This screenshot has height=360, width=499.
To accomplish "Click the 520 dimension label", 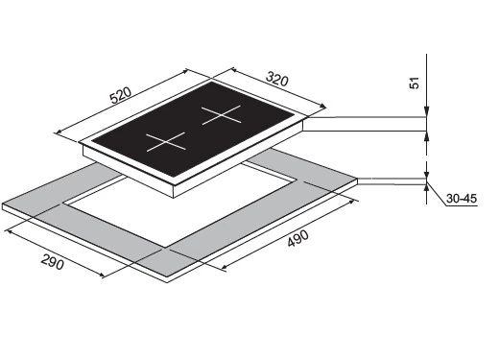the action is (x=121, y=95).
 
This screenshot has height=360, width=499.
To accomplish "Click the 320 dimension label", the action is (x=277, y=80).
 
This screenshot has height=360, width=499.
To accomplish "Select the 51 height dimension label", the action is (x=415, y=83).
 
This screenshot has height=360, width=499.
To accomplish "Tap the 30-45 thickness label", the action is (x=462, y=199).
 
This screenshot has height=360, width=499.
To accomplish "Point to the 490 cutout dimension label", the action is (x=297, y=238).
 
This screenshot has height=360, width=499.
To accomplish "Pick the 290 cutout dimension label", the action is (x=52, y=263).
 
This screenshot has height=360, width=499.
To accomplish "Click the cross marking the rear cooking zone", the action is (x=221, y=115).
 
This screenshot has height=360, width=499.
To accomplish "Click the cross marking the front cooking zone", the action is (x=166, y=142).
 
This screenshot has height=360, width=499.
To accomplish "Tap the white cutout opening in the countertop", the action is (x=180, y=204).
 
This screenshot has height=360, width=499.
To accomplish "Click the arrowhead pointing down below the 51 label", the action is (x=426, y=111).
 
